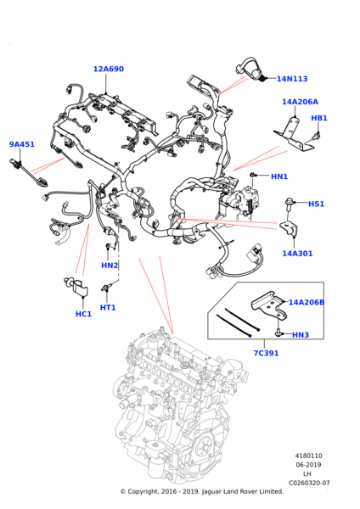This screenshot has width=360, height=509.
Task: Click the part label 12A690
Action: click(109, 69)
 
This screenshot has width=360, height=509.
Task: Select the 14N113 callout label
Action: click(292, 79)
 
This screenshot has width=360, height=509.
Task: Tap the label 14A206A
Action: click(300, 102)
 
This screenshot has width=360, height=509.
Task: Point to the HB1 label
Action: click(319, 118)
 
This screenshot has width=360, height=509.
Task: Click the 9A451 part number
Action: click(22, 144)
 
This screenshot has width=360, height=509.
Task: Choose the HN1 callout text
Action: click(279, 176)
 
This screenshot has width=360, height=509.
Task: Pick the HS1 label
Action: click(316, 204)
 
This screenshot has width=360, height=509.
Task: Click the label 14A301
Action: click(297, 253)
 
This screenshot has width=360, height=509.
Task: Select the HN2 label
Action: click(110, 266)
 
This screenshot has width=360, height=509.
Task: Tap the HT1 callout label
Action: click(108, 307)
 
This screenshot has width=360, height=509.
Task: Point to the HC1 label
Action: click(83, 314)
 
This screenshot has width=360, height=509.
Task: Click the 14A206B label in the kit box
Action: click(306, 302)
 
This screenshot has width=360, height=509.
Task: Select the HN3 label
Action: click(301, 335)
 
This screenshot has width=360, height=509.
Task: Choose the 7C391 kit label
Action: click(266, 353)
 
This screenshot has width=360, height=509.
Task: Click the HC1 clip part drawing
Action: click(77, 287)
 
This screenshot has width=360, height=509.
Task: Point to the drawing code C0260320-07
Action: click(309, 483)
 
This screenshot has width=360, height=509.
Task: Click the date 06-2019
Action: click(308, 465)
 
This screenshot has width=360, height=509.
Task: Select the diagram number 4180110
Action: click(309, 456)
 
